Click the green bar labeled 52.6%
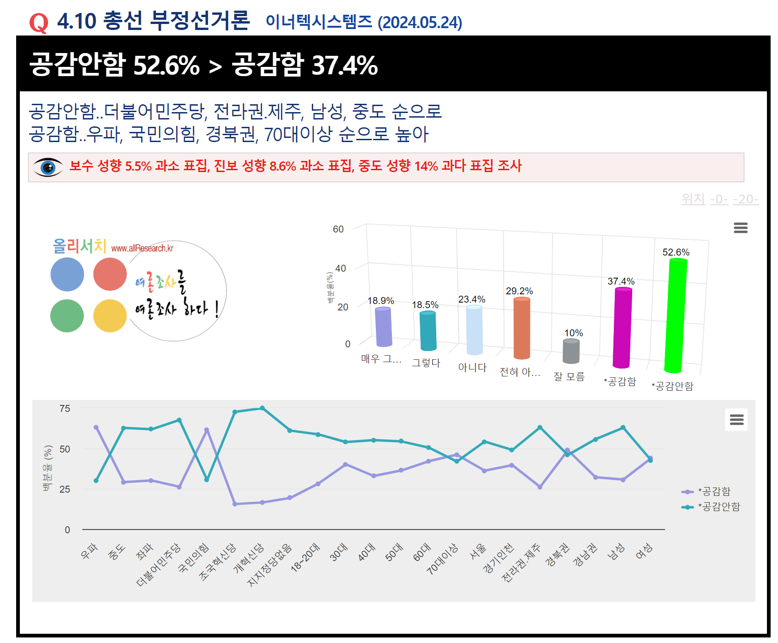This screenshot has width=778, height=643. (676, 316)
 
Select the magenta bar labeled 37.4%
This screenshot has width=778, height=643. (622, 327)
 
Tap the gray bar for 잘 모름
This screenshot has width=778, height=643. (571, 351)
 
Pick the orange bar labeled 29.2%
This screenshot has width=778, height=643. (522, 328)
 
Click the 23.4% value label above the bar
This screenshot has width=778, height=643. (471, 299)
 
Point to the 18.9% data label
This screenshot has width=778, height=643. (380, 301)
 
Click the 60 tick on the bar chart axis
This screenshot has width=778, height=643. (338, 229)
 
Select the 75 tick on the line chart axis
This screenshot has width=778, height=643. (65, 409)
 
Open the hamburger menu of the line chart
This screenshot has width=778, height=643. (736, 419)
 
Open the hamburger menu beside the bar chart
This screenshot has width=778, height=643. (741, 228)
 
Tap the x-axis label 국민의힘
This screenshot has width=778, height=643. (194, 558)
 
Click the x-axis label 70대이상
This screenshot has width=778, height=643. (443, 559)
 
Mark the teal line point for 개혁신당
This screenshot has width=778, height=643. (262, 408)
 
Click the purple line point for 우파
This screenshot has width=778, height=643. (96, 428)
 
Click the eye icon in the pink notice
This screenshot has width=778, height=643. (48, 167)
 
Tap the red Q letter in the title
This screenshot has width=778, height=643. (39, 22)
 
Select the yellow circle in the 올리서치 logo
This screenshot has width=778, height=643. (110, 316)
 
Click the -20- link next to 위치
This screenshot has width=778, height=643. (745, 199)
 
